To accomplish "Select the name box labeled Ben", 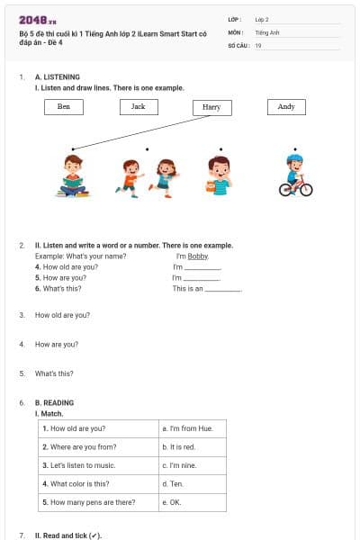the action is [x=64, y=106].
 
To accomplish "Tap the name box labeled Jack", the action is [x=138, y=106].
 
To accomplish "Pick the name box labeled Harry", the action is [x=211, y=107].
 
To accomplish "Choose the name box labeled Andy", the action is [x=286, y=106].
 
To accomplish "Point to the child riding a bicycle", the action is [x=294, y=175].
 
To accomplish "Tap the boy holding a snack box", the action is [x=218, y=175].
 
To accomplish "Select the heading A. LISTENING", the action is [x=57, y=77].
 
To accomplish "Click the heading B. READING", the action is [x=54, y=402].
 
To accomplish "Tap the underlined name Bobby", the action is [x=198, y=256].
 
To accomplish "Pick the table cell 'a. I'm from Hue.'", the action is [x=190, y=428].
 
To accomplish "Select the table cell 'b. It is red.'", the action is [x=190, y=446].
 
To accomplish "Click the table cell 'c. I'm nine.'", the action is [x=190, y=465].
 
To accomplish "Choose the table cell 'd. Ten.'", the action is [x=190, y=483].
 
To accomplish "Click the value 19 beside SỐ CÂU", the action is [x=258, y=45].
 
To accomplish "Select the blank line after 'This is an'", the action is [x=224, y=290].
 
